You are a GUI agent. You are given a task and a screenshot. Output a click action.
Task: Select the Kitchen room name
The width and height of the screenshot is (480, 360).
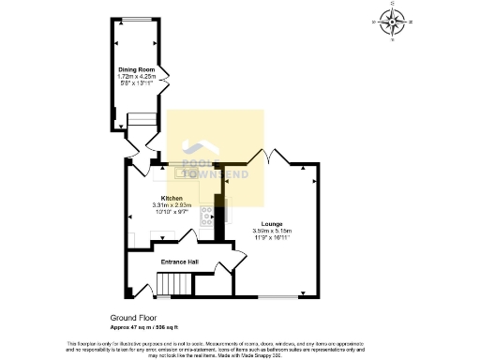(172, 198)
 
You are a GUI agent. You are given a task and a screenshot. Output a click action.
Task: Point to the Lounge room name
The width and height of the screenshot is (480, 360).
(271, 224)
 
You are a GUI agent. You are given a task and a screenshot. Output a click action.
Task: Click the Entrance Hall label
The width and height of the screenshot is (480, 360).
(178, 261)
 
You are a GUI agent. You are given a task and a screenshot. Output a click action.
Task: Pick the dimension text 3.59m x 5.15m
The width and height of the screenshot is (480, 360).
(271, 231)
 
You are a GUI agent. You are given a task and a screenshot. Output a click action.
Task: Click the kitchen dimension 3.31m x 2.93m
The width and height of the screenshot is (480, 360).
(172, 204)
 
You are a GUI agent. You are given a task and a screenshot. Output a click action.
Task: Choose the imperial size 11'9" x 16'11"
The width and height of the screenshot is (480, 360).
(271, 238)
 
